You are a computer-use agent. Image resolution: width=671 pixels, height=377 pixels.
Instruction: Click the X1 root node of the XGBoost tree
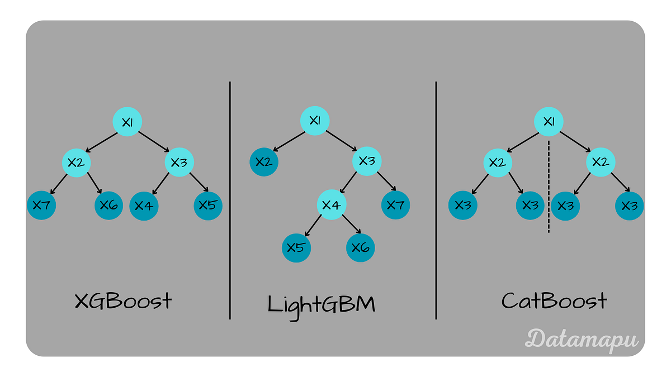[x=127, y=121]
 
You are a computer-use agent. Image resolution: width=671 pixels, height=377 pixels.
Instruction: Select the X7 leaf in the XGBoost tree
[x=41, y=205]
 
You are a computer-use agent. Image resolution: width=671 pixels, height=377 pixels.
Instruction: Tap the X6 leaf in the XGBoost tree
[x=108, y=205]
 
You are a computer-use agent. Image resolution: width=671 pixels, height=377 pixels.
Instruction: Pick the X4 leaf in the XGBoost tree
[x=144, y=206]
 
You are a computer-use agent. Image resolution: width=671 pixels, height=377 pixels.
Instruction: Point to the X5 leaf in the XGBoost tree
[x=208, y=205]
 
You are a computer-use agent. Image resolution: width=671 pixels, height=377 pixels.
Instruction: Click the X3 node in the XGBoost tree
[x=178, y=163]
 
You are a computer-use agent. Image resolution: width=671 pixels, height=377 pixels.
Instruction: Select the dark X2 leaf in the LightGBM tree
[x=263, y=162]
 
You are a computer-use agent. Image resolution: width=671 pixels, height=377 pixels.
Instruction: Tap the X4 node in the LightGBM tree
[x=331, y=204]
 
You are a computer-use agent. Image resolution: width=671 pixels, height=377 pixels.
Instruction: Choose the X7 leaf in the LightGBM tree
[x=395, y=204]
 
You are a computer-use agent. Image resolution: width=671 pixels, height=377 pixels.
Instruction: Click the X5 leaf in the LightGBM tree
[x=296, y=247]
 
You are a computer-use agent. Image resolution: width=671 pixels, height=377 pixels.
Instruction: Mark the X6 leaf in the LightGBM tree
[x=361, y=247]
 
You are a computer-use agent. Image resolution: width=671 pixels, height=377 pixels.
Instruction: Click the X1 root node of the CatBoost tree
[x=549, y=121]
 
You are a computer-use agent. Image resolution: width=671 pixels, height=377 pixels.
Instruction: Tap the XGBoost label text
[x=123, y=302]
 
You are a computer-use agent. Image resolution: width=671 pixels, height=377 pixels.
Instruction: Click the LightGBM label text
[x=322, y=304]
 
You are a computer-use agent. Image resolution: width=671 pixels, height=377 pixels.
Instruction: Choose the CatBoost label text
[x=554, y=302]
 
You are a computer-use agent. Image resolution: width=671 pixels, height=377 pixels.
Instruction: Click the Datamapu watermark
[x=582, y=338]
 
